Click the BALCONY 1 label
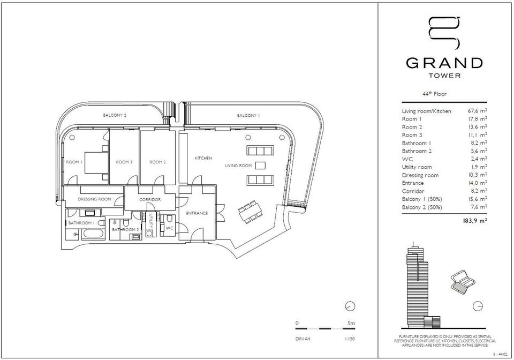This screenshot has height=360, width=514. pos(248,115)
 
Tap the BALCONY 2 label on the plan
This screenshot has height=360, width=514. pos(115,115)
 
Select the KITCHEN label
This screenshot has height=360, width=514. pos(203,158)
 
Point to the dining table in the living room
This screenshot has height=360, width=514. pos(251,212)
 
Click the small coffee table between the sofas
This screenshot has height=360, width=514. pos(260,165)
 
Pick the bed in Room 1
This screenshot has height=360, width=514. pos(96,163)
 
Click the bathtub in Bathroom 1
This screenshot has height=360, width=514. pos(93,234)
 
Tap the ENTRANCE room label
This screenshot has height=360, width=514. pos(197,213)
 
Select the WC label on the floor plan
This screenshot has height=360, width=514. pos(170,228)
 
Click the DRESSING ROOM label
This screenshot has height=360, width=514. pos(94,199)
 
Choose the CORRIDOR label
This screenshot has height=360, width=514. pos(150,199)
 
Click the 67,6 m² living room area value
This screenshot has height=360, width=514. pos(477,111)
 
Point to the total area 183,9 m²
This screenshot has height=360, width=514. pos(475,221)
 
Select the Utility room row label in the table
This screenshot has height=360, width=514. pos(417,167)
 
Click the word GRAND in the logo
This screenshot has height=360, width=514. pos(444,63)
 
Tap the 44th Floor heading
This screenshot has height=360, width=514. pos(435,94)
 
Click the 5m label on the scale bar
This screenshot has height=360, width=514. pos(351,323)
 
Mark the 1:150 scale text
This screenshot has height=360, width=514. pos(350,339)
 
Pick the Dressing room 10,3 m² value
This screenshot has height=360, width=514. pos(478,175)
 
